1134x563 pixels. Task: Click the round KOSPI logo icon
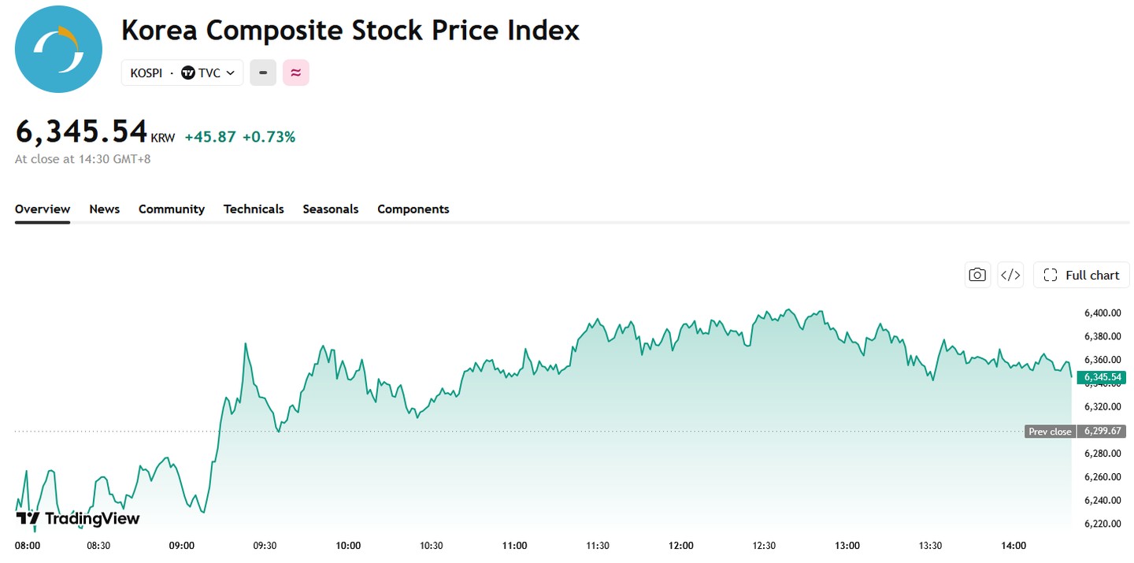coord(58,49)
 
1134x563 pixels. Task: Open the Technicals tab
coord(254,209)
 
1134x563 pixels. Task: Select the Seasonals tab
coord(331,209)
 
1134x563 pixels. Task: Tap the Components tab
coord(413,209)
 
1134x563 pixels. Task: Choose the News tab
coord(104,209)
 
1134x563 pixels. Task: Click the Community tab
coord(172,209)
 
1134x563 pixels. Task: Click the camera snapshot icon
coord(977,275)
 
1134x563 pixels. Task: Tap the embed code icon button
coord(1010,275)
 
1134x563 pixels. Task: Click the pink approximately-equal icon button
coord(295,72)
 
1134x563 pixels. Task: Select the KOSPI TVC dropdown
coord(182,73)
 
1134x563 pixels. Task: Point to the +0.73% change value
coord(269,137)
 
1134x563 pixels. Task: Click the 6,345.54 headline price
coord(82,131)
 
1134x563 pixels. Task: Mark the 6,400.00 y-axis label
coord(1102,313)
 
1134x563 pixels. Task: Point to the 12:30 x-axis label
coord(764,546)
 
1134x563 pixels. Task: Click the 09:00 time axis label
coord(181,546)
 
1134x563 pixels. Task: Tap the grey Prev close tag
coord(1050,432)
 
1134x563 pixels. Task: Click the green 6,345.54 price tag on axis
coord(1102,377)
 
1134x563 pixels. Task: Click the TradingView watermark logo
coord(77,518)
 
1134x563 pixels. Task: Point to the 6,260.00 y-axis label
coord(1102,477)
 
